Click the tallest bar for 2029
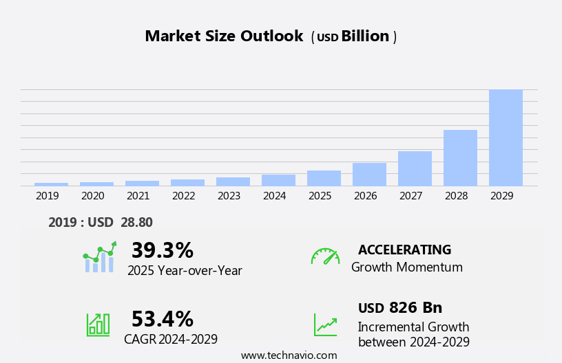coord(506,137)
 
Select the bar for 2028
coord(460,157)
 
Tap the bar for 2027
coord(415,168)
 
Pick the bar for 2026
coord(369,174)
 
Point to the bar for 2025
coord(324,178)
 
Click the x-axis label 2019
coord(48,196)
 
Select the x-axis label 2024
coord(275,196)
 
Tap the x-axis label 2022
coord(184,196)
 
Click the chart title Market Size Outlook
coord(224,36)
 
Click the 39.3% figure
coord(162,250)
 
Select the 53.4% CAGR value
coord(162,319)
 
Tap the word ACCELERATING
coord(404,250)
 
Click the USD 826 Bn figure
coord(400,307)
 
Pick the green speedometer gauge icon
coord(325,256)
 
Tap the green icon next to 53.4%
coord(98,324)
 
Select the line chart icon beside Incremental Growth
coord(325,324)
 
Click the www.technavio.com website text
coord(289,355)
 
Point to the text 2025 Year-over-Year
coord(185,271)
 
